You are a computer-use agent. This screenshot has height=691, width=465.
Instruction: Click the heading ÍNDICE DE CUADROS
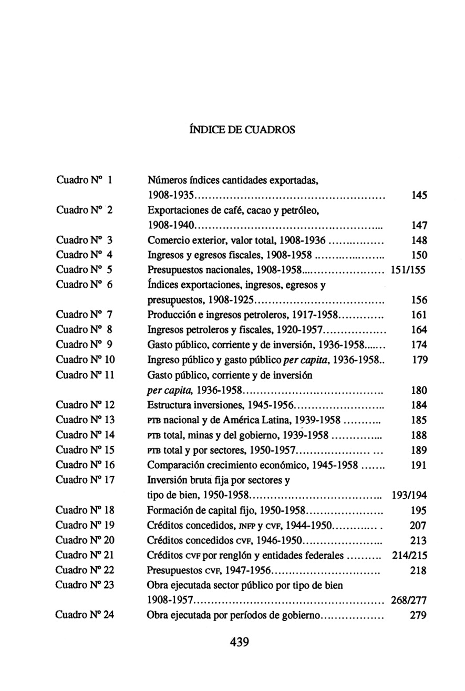click(x=241, y=129)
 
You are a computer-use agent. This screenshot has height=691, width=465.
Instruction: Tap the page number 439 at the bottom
click(x=239, y=641)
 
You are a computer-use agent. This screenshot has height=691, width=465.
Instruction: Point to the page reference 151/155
click(x=408, y=270)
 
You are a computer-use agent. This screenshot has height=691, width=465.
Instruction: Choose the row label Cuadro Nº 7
click(x=85, y=315)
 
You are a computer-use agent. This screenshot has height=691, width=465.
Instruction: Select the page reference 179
click(x=419, y=360)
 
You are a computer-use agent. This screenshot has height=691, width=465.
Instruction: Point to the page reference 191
click(x=419, y=465)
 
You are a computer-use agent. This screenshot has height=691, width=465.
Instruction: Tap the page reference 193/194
click(x=409, y=495)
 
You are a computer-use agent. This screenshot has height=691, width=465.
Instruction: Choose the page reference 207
click(x=418, y=525)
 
